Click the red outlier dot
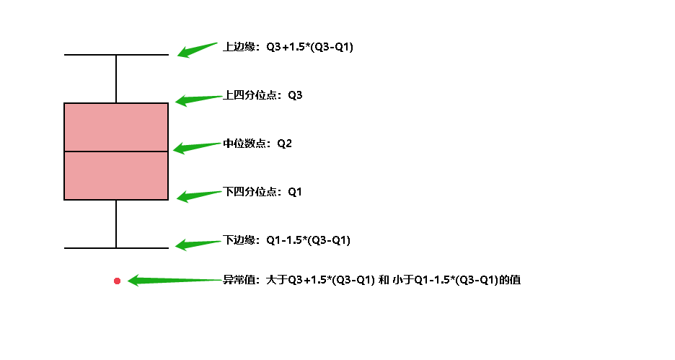tap(117, 281)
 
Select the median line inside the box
tap(116, 152)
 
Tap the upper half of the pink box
tap(116, 127)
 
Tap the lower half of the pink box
tap(116, 175)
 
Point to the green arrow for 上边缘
tap(197, 50)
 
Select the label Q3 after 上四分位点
tap(295, 95)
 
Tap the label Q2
tap(285, 144)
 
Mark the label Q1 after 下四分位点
tap(295, 192)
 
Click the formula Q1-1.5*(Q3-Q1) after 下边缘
tap(308, 240)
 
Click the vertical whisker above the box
tap(116, 79)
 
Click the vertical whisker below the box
tap(116, 224)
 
